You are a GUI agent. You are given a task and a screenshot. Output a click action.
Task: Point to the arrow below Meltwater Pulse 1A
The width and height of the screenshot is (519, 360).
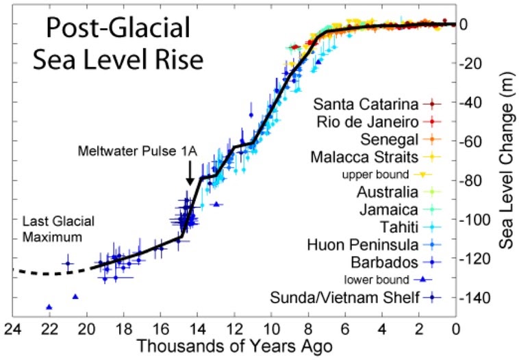click(x=190, y=175)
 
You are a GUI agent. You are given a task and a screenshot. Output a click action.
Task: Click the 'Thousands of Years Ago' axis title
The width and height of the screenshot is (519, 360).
click(x=234, y=346)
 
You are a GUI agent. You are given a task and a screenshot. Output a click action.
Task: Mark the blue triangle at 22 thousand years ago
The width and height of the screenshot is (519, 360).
click(x=49, y=307)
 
